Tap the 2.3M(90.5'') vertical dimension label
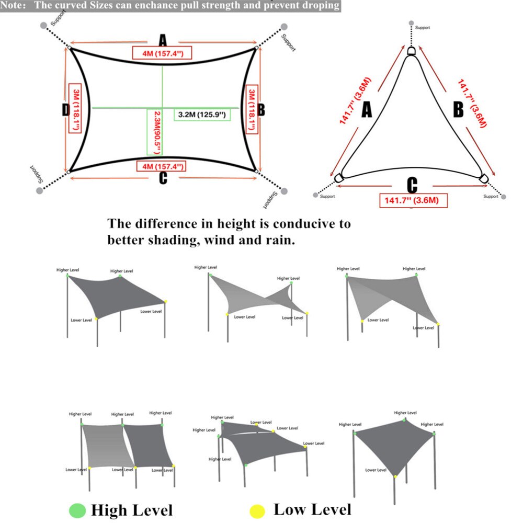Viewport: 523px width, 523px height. [152, 132]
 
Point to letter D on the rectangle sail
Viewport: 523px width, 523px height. [65, 110]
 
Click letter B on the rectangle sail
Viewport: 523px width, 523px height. [261, 110]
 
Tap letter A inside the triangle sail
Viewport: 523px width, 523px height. [367, 110]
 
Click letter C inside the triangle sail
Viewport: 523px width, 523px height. [412, 185]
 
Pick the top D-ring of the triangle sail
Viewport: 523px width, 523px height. [412, 51]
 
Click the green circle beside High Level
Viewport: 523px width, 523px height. [77, 510]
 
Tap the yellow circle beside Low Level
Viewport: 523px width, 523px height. [257, 510]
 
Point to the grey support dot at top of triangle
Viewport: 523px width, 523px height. [412, 24]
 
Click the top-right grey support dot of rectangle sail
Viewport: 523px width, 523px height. [284, 26]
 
